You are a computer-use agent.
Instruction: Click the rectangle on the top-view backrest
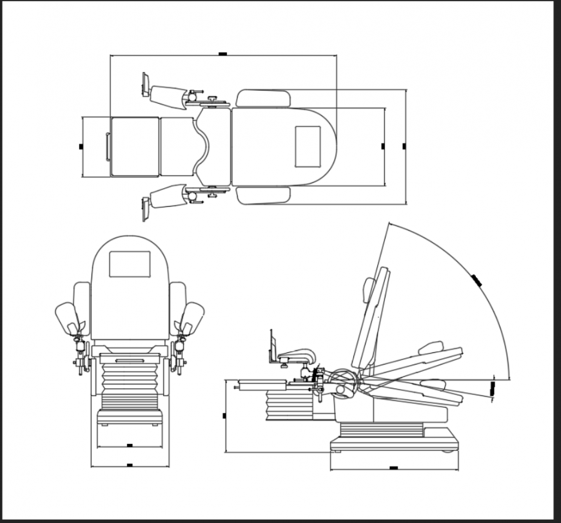tap(308, 146)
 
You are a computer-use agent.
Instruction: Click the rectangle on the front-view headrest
tap(130, 264)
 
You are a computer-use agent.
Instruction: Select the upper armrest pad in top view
tap(263, 98)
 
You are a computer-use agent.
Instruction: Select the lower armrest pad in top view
tap(263, 196)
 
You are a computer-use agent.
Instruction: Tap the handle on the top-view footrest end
tap(107, 146)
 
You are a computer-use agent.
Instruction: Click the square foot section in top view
tap(135, 146)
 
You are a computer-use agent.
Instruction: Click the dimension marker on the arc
tap(478, 280)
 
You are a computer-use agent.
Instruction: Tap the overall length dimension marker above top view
tap(222, 55)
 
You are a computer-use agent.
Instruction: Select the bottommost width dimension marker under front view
tap(130, 464)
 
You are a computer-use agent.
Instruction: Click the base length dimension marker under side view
tap(393, 468)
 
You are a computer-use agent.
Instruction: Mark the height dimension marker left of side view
tap(224, 415)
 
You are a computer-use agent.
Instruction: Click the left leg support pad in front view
tap(66, 318)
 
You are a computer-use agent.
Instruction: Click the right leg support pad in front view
tap(193, 318)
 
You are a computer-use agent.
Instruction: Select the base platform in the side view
tap(393, 443)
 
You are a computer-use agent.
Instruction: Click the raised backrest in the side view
tap(373, 319)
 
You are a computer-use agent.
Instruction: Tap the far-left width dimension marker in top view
tap(81, 146)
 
